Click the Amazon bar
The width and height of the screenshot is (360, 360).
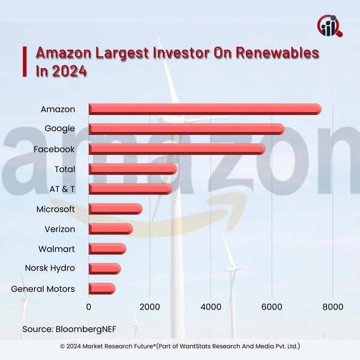(x=205, y=109)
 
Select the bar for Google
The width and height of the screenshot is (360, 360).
(x=186, y=128)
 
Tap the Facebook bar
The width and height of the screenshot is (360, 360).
(x=176, y=149)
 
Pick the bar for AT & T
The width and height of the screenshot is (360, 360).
(x=130, y=189)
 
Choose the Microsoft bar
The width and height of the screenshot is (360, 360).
(x=115, y=209)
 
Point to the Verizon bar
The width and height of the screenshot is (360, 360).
(x=110, y=229)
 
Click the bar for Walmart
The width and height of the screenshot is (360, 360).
(x=107, y=248)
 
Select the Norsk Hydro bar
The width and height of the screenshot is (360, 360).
(x=104, y=269)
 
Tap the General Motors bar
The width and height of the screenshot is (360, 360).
(x=102, y=289)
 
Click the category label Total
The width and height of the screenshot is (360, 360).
(x=64, y=169)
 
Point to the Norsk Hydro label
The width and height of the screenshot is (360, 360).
(x=50, y=269)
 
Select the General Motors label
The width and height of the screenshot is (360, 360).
(x=43, y=289)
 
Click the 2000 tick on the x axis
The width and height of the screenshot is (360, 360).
(x=149, y=307)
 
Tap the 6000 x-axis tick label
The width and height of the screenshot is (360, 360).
(x=272, y=307)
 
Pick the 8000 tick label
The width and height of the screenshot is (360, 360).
(x=332, y=307)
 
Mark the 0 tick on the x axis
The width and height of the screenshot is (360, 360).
(x=89, y=307)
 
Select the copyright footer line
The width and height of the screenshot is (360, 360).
(x=180, y=347)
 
